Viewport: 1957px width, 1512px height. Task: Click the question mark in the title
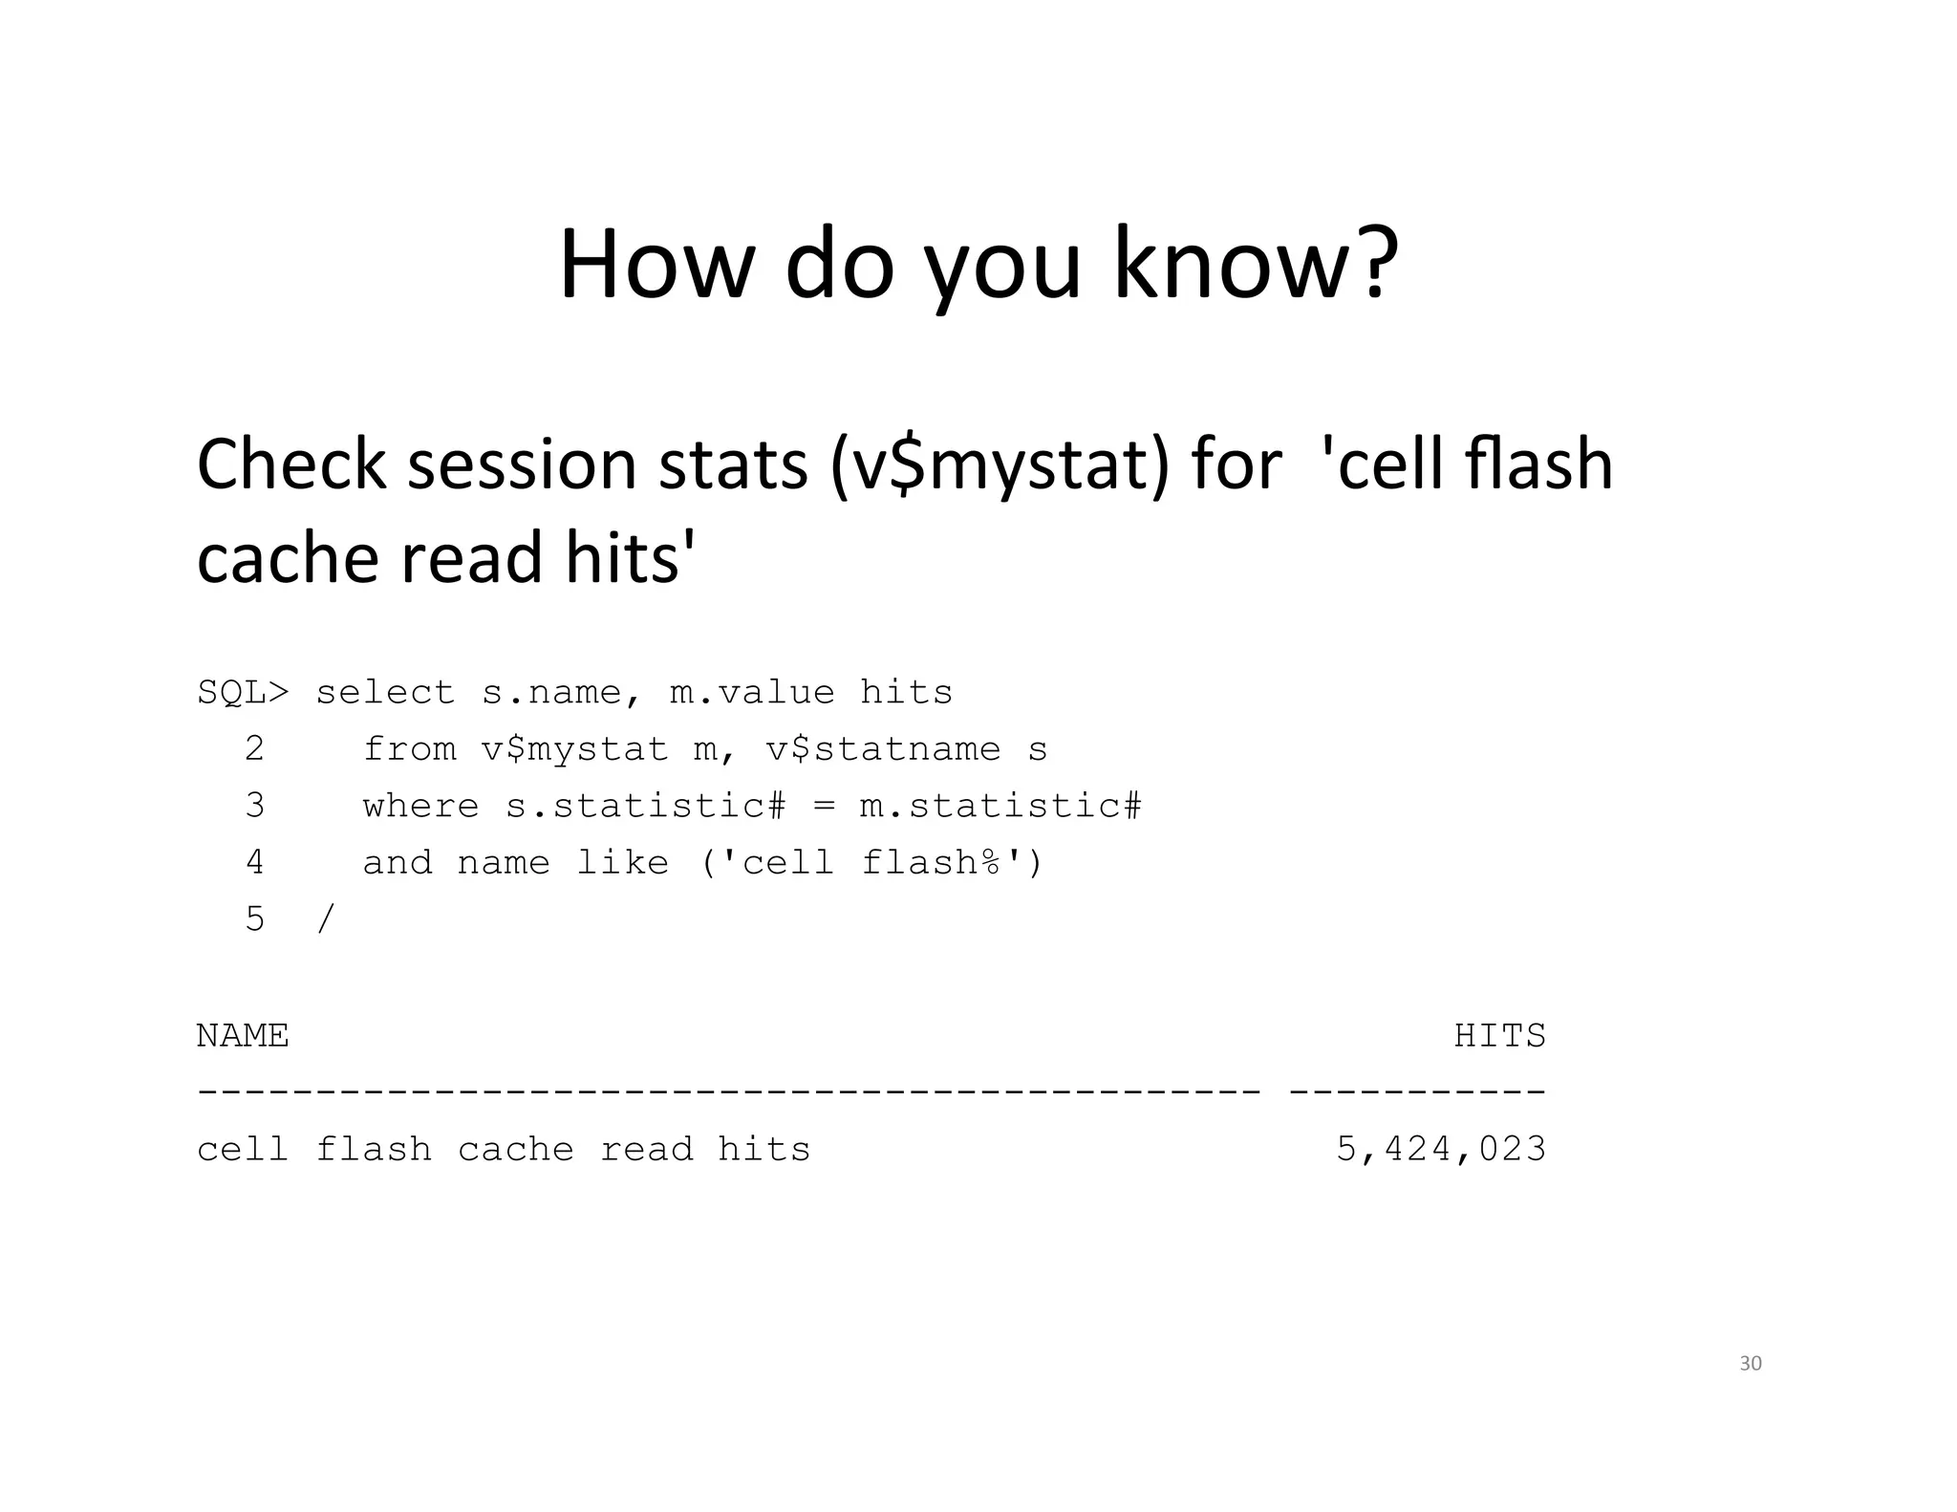click(1370, 264)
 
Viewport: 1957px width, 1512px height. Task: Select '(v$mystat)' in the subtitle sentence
click(999, 465)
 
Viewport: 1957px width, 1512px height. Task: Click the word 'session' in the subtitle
click(522, 465)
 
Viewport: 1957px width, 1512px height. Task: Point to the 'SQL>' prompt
click(243, 692)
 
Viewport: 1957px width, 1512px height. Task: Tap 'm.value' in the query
click(752, 692)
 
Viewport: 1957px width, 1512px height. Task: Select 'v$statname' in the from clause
click(883, 749)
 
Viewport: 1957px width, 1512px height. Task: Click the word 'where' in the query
click(420, 806)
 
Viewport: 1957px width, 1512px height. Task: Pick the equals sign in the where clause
click(823, 806)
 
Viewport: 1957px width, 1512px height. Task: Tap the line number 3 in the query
click(254, 806)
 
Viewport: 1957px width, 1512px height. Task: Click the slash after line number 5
click(326, 919)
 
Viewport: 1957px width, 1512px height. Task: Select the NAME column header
click(243, 1036)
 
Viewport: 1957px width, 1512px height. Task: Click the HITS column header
click(1499, 1036)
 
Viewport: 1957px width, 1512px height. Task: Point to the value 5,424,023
click(1440, 1149)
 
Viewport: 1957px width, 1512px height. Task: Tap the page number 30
click(1750, 1364)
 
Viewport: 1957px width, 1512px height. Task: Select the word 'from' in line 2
click(409, 749)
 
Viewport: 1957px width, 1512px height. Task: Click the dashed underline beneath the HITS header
click(1417, 1090)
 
